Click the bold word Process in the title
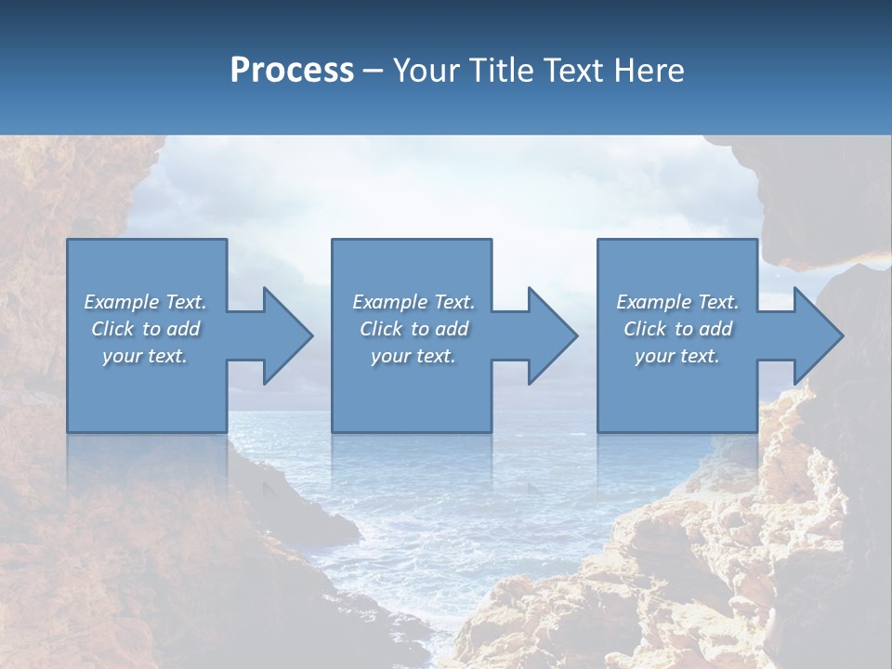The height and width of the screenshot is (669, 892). point(292,70)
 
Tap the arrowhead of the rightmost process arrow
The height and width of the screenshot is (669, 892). point(817,335)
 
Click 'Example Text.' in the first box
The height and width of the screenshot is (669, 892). point(145,302)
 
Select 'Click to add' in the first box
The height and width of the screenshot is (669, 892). point(145,329)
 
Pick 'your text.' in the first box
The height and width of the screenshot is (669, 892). point(145,356)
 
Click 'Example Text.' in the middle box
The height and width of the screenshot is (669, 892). point(413,302)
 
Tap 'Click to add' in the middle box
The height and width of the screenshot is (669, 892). point(413,329)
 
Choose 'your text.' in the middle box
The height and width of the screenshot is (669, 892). point(413,356)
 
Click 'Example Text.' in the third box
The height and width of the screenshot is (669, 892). point(677,302)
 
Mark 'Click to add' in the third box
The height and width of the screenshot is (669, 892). point(677,329)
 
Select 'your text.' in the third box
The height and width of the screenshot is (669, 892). point(677,356)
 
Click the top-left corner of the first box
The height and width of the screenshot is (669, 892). point(68,240)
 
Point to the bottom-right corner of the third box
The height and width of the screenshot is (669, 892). point(756,431)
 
